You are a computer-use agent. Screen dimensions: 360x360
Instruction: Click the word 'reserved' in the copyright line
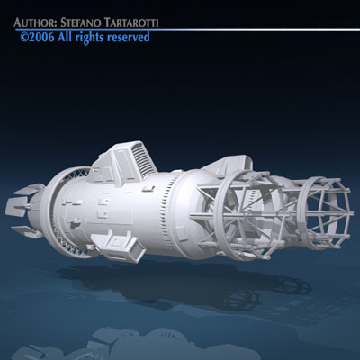point(127,37)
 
